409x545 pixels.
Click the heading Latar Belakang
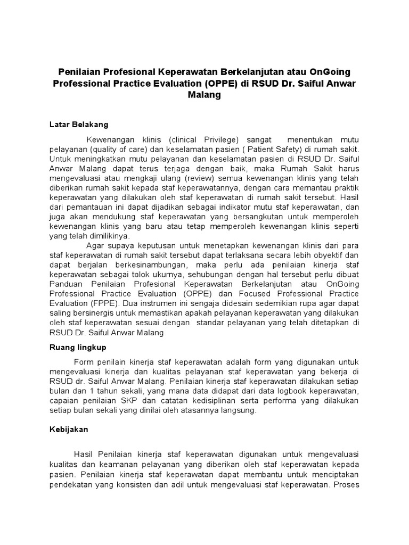point(78,125)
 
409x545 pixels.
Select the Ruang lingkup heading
point(78,347)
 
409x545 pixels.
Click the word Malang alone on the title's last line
point(204,95)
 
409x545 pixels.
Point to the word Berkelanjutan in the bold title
point(256,72)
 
